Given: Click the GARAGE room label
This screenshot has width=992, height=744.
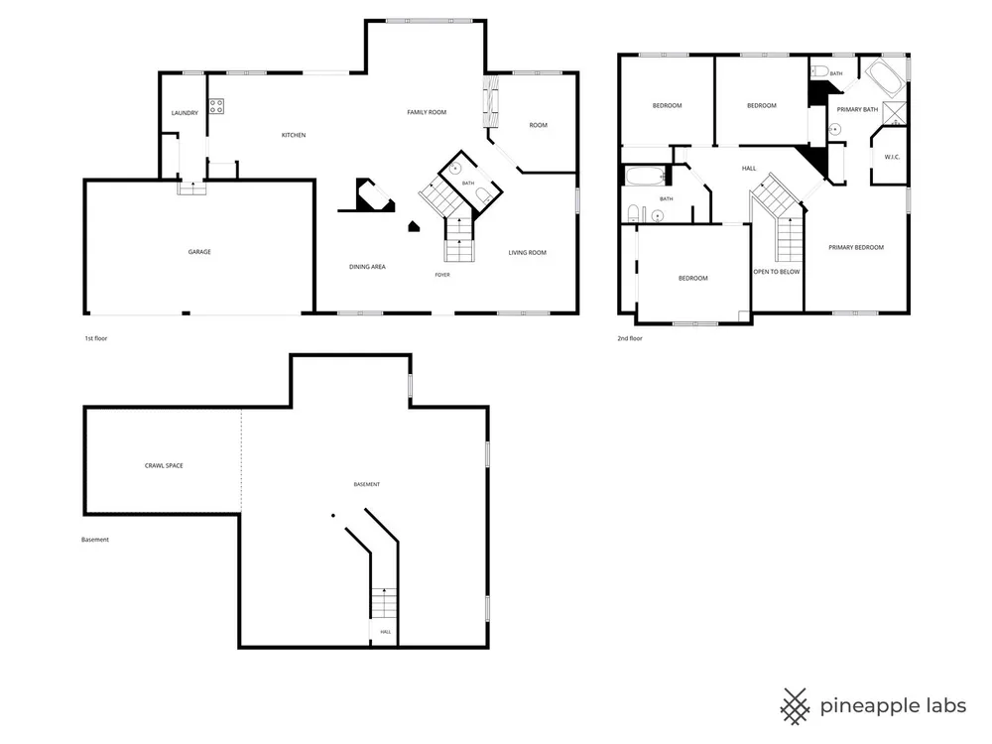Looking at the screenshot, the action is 199,252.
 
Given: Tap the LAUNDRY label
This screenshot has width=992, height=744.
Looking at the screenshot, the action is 185,113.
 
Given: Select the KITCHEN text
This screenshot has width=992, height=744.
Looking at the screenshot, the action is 294,135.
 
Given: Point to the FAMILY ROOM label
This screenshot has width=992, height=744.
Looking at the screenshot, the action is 427,113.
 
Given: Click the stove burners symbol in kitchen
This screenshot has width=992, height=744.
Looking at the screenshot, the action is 216,106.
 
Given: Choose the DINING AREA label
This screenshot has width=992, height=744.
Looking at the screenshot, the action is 367,267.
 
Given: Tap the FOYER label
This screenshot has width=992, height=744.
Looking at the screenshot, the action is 442,275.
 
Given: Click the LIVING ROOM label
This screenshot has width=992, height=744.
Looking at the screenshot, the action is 527,253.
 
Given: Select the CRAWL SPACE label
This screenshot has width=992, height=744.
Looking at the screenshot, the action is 164,465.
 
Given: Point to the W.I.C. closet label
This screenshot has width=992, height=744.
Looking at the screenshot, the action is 892,157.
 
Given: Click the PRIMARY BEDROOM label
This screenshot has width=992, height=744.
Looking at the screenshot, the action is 856,247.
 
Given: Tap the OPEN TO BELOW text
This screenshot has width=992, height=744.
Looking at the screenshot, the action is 777,272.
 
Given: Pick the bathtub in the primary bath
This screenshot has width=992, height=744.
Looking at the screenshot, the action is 885,77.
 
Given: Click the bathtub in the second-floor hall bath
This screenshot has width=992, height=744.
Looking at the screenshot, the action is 645,176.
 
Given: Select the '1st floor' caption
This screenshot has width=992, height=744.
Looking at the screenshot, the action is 96,338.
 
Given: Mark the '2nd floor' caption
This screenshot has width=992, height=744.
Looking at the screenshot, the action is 630,338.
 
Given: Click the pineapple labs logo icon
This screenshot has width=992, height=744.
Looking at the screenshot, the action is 795,706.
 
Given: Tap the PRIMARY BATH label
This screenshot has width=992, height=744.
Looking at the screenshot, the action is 857,110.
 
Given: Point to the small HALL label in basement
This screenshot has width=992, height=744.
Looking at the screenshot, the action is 385,632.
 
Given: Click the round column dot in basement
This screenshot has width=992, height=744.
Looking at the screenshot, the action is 333,516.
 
